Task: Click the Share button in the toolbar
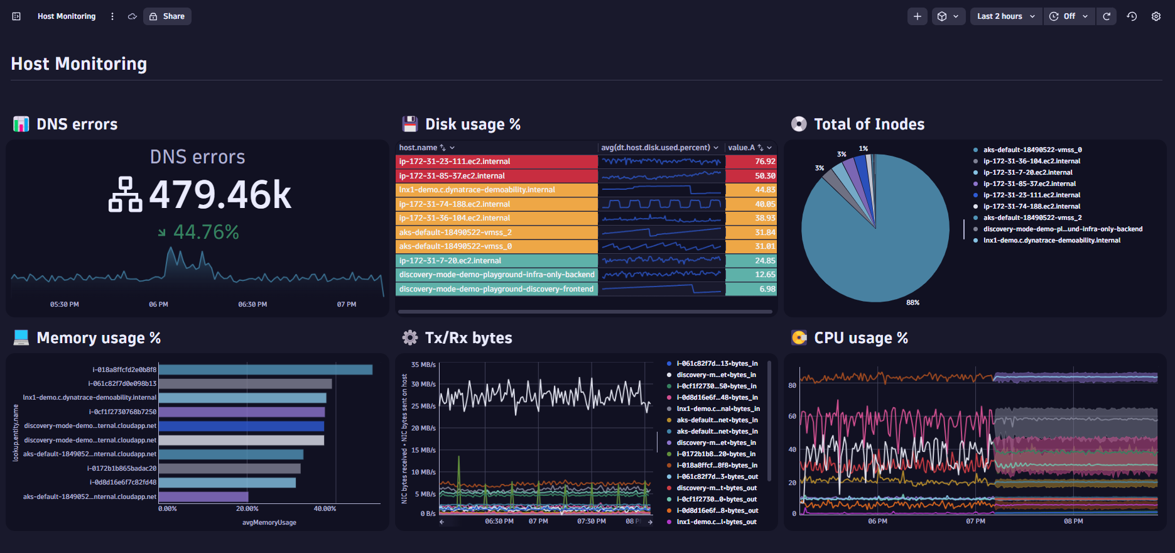pyautogui.click(x=167, y=16)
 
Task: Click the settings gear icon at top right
pyautogui.click(x=1156, y=16)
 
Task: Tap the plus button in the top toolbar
pyautogui.click(x=917, y=16)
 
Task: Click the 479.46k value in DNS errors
pyautogui.click(x=220, y=195)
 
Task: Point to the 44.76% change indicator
pyautogui.click(x=205, y=233)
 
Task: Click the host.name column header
pyautogui.click(x=418, y=148)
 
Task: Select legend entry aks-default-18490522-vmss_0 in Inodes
pyautogui.click(x=1032, y=150)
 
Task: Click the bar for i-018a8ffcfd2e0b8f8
pyautogui.click(x=265, y=370)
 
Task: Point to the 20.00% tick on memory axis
pyautogui.click(x=247, y=509)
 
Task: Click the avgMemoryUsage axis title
pyautogui.click(x=269, y=523)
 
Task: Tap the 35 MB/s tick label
pyautogui.click(x=423, y=364)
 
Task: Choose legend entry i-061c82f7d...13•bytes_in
pyautogui.click(x=717, y=364)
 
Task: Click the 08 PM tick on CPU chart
pyautogui.click(x=1073, y=522)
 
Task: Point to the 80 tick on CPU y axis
pyautogui.click(x=792, y=385)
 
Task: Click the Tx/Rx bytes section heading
pyautogui.click(x=468, y=338)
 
